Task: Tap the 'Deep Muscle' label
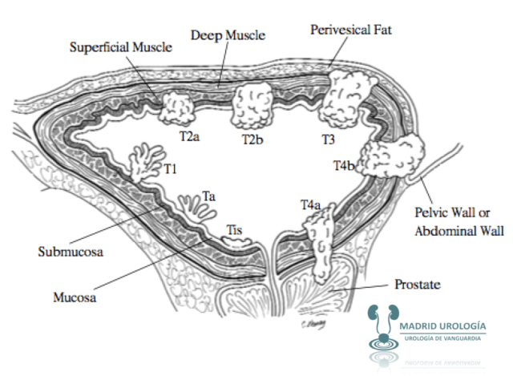228,35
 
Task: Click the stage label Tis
233,231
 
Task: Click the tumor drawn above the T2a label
176,107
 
